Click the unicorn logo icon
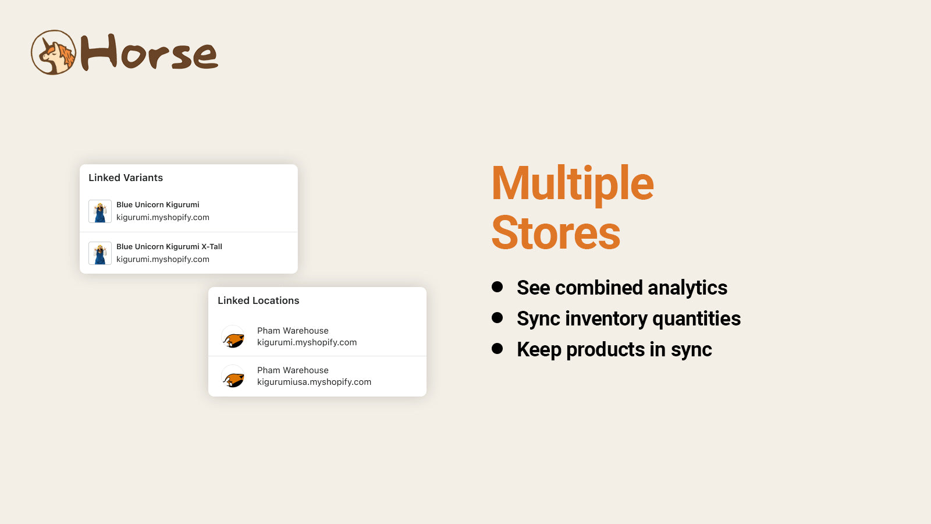(x=54, y=52)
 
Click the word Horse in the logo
(x=149, y=52)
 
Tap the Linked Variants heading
(x=126, y=178)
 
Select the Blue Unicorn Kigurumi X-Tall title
(x=169, y=247)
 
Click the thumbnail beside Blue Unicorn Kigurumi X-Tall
(x=100, y=253)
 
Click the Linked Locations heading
(x=258, y=300)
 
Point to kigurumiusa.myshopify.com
(x=314, y=382)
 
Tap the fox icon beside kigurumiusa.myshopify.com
(x=233, y=376)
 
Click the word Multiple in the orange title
(x=573, y=184)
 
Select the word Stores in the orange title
(x=556, y=232)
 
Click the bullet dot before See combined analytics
(x=497, y=286)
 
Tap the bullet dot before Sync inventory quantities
(x=497, y=317)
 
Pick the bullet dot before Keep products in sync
(x=497, y=348)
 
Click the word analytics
(x=687, y=288)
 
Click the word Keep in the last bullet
(x=539, y=350)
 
